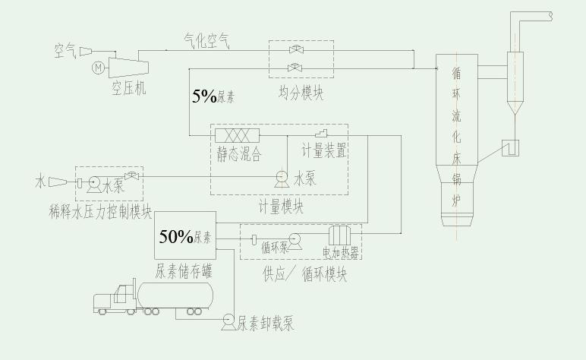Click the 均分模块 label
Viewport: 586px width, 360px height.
coord(301,93)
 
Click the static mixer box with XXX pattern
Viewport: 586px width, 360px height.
coord(238,135)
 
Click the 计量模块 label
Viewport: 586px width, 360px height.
coord(281,206)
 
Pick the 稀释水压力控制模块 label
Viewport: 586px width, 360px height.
coord(99,211)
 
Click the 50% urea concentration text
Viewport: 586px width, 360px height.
coord(177,236)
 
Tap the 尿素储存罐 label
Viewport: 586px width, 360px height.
coord(184,270)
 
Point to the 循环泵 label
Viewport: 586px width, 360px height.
coord(274,247)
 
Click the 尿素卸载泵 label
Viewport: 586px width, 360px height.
coord(265,323)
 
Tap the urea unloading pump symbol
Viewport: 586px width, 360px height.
coord(227,322)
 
